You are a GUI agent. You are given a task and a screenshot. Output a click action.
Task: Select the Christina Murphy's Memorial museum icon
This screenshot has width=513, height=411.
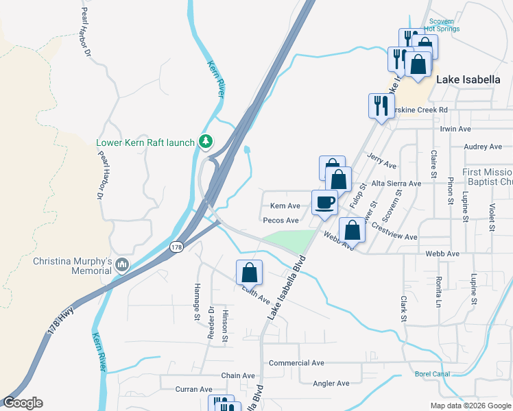pos(122,264)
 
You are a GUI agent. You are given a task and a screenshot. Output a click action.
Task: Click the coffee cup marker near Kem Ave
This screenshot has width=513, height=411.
pos(324,203)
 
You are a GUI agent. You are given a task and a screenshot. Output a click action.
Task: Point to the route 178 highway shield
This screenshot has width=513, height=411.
pos(176,247)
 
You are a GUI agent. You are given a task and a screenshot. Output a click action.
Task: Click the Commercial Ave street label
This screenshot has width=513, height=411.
pos(296,362)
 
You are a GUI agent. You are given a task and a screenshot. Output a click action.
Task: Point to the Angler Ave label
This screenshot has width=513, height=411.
pos(331,384)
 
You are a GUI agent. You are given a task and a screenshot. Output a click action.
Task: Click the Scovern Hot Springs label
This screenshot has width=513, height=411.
pos(442,25)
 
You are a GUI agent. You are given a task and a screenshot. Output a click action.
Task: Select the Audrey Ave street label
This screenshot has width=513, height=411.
pos(483,147)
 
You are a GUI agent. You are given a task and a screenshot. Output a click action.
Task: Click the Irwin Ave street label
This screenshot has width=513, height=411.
pos(455,129)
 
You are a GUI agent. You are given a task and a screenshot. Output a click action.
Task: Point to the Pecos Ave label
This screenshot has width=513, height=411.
pos(281,221)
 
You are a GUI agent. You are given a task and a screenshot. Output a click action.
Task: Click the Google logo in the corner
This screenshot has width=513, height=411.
pos(23,403)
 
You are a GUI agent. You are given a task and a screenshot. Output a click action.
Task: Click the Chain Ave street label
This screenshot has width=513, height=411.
pos(238,376)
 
